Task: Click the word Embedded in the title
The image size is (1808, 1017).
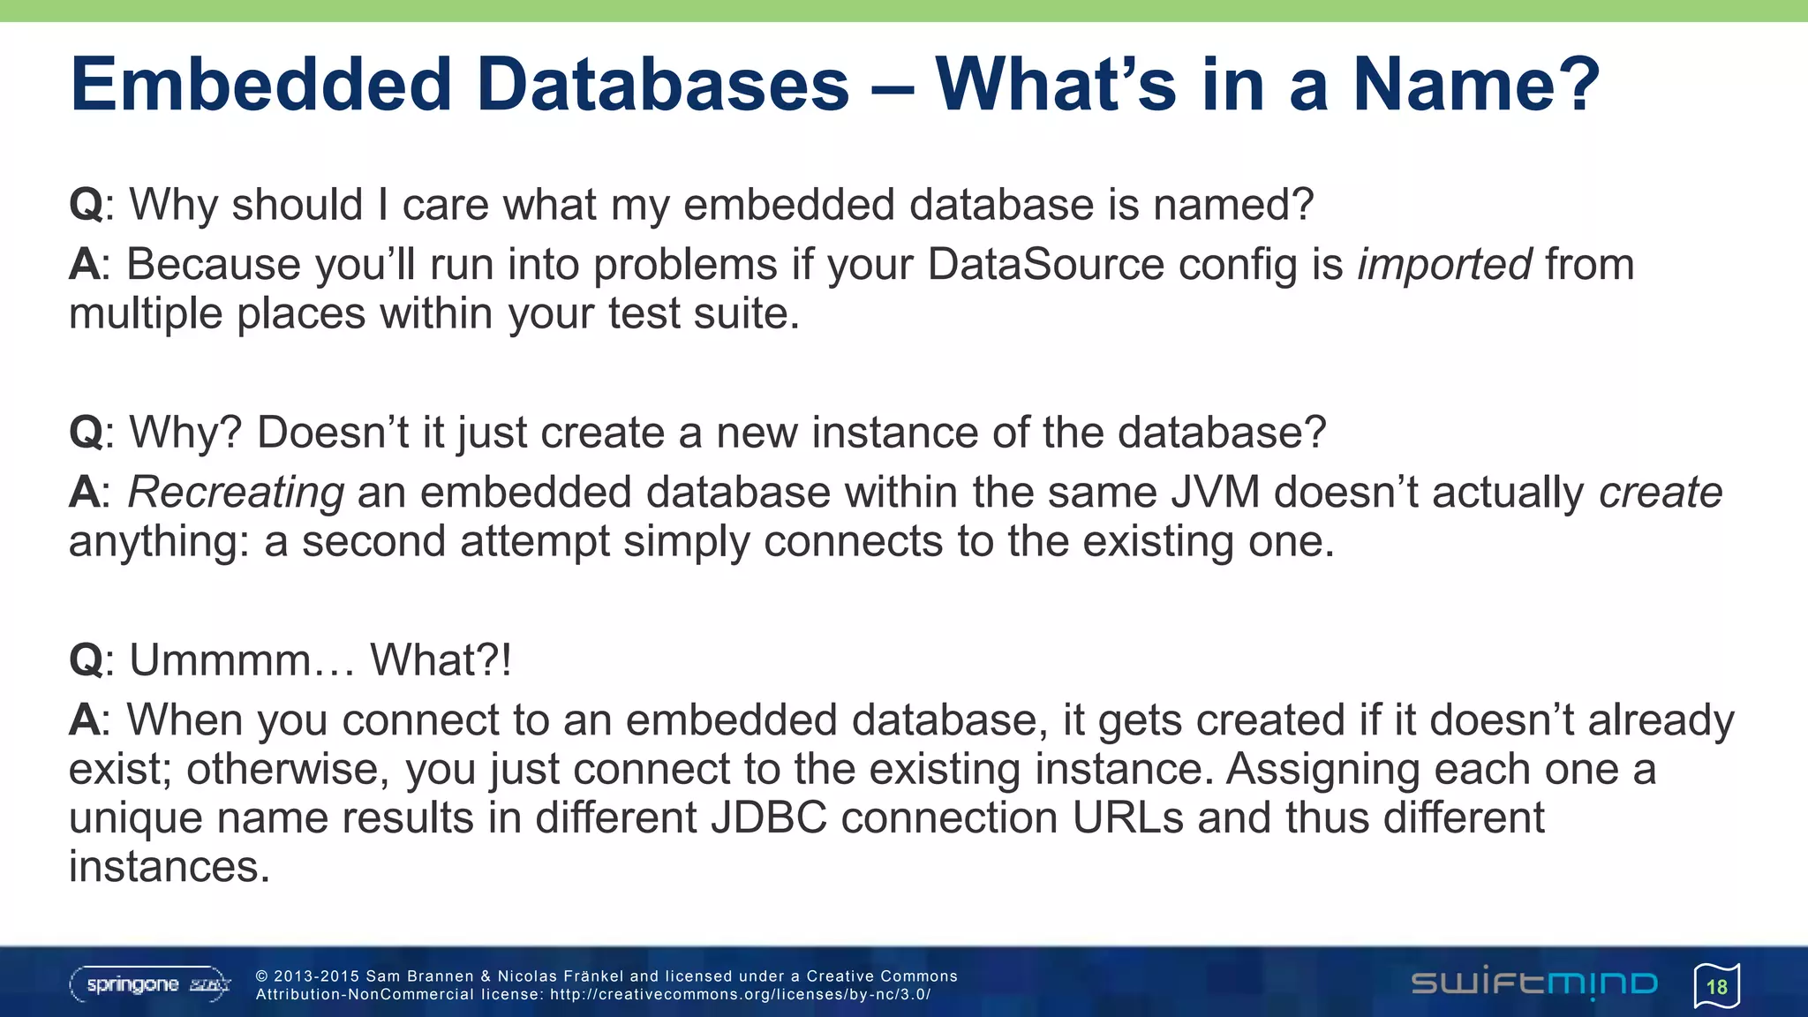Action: [260, 85]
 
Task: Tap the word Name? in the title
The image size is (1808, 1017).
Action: [1476, 85]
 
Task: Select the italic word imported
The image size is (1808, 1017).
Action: [1444, 264]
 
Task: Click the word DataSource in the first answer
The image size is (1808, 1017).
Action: [1045, 264]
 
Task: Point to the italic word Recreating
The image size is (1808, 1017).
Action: [236, 493]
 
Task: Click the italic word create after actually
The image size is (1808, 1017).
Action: [1661, 492]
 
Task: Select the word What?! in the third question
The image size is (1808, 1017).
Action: [441, 659]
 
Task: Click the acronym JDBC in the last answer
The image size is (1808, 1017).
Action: [769, 817]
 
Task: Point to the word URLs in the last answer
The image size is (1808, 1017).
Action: [1127, 817]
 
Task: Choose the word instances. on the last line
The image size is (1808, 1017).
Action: [169, 867]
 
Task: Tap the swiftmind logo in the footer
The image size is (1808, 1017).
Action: [1534, 983]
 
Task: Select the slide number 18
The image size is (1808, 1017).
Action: [1716, 986]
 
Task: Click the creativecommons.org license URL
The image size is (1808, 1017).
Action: [740, 995]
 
